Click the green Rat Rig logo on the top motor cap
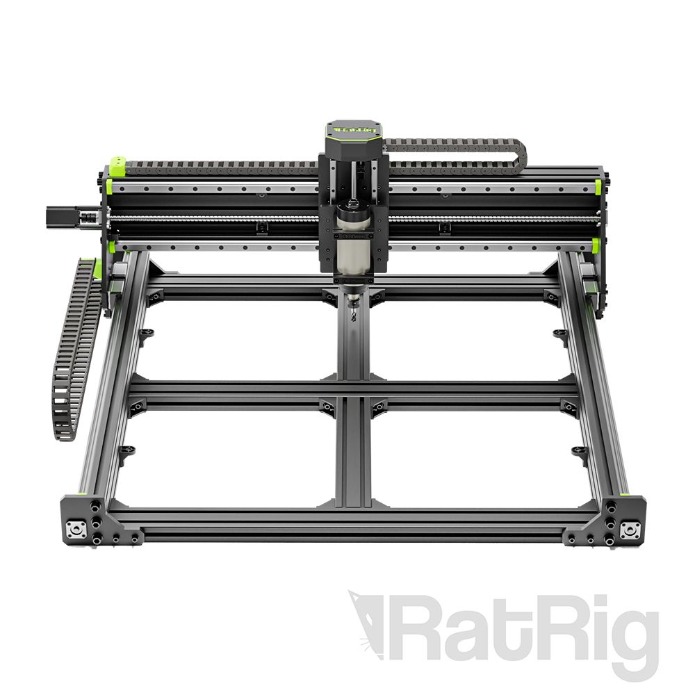click(353, 129)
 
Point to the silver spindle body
click(353, 254)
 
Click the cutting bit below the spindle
click(354, 309)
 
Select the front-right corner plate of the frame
click(609, 521)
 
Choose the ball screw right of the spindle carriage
click(486, 220)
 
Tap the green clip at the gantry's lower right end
click(596, 245)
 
